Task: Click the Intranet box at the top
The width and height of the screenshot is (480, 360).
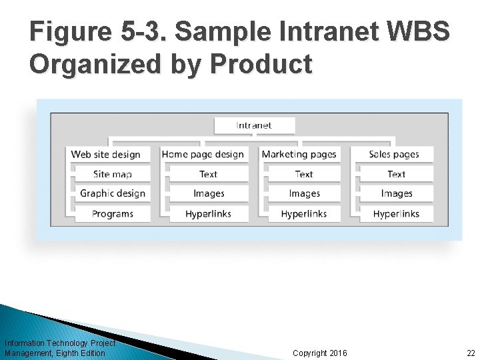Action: pos(254,125)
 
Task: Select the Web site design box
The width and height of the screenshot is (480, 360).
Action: pos(105,154)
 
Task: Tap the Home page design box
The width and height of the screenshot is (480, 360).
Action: pos(203,154)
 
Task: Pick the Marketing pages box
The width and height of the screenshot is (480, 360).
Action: pos(299,154)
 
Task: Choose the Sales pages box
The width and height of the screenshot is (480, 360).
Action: pos(394,154)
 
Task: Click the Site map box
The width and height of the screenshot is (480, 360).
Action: pos(112,174)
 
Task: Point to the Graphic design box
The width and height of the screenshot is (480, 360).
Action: pos(112,193)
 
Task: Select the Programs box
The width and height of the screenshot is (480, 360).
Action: pos(112,214)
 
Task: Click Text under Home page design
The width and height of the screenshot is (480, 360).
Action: pos(208,174)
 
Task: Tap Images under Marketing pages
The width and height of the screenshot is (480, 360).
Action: pos(304,193)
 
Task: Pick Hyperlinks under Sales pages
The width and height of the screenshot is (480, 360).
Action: pos(396,214)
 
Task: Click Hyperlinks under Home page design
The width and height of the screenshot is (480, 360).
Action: pos(208,214)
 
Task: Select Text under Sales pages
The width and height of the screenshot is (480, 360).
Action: pos(396,174)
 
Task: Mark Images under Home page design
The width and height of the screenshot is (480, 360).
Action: pos(208,193)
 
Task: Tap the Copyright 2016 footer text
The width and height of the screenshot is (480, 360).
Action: pos(319,353)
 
